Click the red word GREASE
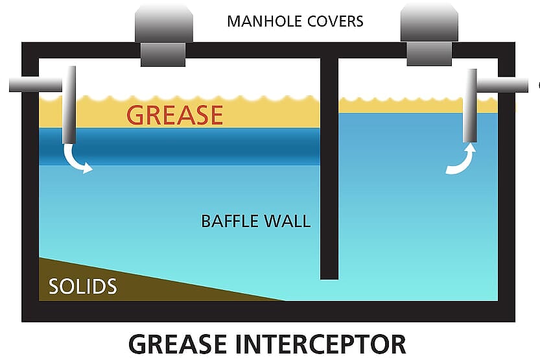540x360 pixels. [174, 114]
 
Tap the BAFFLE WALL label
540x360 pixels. [255, 221]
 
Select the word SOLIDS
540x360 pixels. [82, 286]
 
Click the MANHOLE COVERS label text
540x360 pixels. [295, 21]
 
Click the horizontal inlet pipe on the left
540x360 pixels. [36, 83]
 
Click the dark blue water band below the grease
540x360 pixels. [194, 146]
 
